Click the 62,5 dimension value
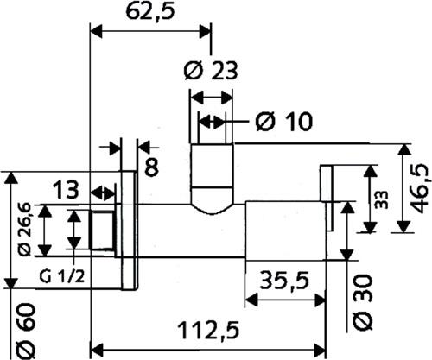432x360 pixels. click(150, 12)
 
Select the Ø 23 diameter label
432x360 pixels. click(211, 71)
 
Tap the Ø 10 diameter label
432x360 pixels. click(283, 122)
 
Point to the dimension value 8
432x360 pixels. click(151, 167)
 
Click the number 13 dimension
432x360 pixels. click(66, 189)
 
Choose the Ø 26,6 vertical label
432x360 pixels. click(25, 229)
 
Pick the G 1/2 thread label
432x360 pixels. click(62, 277)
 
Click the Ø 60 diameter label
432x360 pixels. click(26, 332)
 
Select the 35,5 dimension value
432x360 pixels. click(284, 281)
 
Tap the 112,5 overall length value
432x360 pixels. click(209, 331)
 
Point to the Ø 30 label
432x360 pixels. click(362, 302)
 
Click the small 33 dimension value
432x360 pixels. click(382, 199)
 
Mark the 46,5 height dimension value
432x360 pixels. click(421, 188)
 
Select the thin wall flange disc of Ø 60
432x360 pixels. click(128, 231)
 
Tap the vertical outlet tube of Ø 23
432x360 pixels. click(212, 173)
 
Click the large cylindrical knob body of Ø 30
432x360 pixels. click(285, 231)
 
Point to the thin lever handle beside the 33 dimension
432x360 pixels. click(327, 198)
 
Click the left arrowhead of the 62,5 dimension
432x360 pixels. click(96, 31)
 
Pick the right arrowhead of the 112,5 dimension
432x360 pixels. click(320, 349)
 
